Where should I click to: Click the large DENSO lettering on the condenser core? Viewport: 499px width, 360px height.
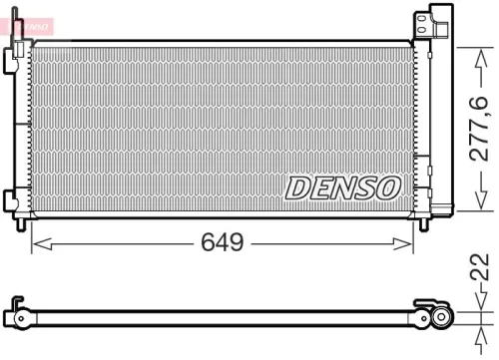[344, 186]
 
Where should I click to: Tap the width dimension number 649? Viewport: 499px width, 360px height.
[222, 242]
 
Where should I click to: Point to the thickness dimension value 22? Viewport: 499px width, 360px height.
[480, 268]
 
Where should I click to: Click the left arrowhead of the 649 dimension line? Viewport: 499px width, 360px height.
[37, 242]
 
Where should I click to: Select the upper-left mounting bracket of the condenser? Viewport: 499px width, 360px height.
[15, 58]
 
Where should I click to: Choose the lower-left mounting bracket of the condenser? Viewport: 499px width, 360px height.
[14, 199]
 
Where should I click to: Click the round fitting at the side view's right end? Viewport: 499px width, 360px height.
[440, 317]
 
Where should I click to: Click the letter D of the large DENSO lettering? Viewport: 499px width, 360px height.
[298, 186]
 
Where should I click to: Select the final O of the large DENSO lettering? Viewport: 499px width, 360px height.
[389, 186]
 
